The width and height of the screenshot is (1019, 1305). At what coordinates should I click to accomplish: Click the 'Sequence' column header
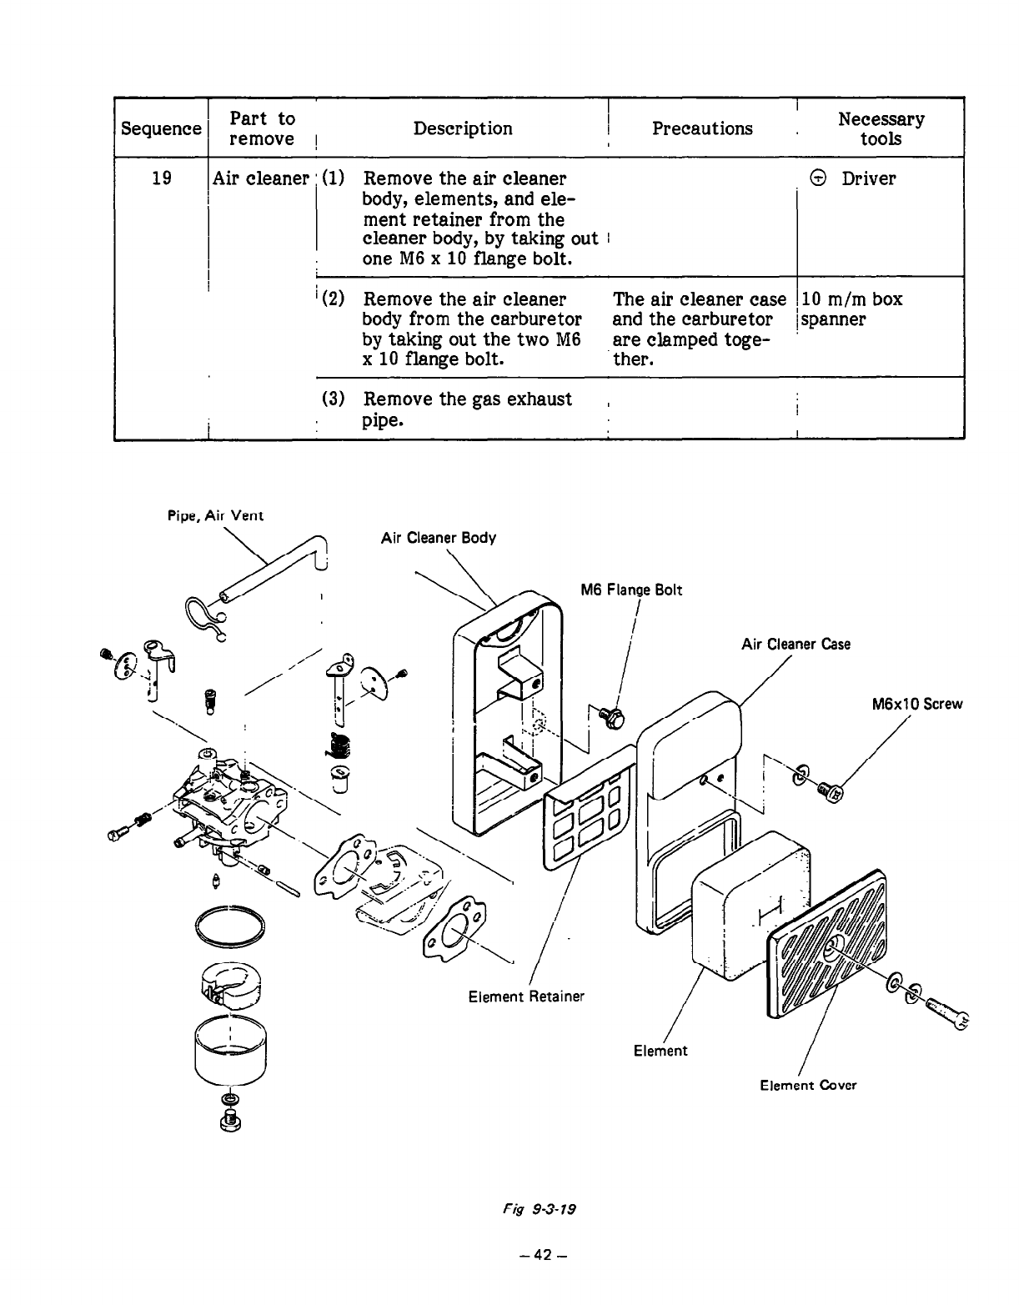pos(161,128)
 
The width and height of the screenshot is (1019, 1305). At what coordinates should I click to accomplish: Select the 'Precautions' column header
pos(702,128)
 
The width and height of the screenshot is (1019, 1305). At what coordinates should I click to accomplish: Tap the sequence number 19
pos(162,178)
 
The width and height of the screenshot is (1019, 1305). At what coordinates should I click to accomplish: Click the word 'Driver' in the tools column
pos(868,178)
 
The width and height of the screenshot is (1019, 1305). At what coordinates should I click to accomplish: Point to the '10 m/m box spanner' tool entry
pos(851,309)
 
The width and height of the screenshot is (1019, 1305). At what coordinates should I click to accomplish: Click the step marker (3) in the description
pos(333,399)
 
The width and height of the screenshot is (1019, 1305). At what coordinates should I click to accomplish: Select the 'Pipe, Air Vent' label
pos(215,515)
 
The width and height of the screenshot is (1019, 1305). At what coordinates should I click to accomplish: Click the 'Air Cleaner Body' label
pos(438,538)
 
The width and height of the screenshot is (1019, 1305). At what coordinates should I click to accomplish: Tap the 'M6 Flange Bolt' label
pos(630,590)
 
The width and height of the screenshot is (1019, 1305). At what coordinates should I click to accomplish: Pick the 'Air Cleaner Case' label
pos(796,644)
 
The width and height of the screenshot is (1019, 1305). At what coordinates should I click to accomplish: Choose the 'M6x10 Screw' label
pos(916,704)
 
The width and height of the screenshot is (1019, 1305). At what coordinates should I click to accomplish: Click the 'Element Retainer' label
pos(526,996)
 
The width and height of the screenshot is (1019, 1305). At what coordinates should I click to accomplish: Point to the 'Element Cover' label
pos(807,1085)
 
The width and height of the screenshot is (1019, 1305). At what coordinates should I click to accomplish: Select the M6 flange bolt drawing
pos(612,716)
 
